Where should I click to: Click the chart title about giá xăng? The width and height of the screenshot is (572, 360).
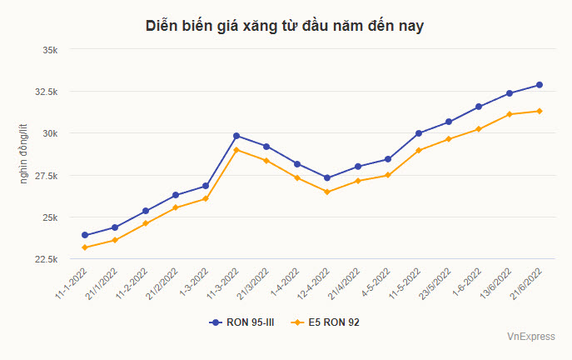pos(286,27)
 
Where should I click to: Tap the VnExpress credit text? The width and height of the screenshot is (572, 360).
pos(530,337)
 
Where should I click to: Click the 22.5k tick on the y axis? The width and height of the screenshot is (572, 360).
pos(45,259)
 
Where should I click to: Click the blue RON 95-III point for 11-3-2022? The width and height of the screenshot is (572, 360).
pos(236,136)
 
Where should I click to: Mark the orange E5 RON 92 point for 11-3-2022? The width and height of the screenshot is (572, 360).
pos(236,150)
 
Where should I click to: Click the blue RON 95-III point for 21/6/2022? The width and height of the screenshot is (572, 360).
pos(540,85)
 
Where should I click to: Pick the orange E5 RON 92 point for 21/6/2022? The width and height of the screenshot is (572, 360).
pos(540,111)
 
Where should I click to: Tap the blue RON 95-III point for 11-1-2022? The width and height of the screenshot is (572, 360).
pos(85,235)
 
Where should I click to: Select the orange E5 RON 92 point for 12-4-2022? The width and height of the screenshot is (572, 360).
pos(327,192)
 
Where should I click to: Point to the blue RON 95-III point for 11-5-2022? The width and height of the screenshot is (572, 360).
pos(419,133)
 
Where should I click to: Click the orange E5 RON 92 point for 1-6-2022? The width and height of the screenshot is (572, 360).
pos(479,129)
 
